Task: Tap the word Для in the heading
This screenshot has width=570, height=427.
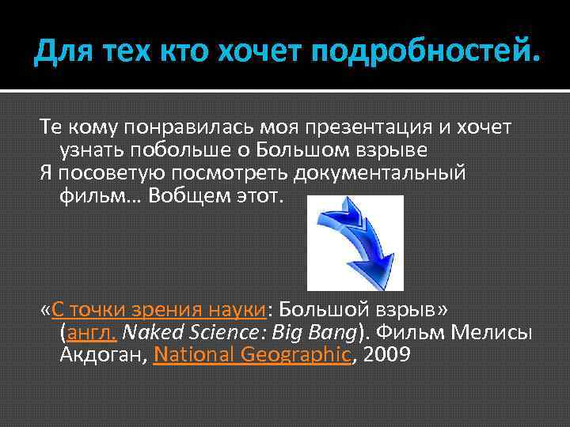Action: [59, 53]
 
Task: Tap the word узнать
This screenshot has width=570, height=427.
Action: [89, 149]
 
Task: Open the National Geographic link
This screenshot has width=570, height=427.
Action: [252, 354]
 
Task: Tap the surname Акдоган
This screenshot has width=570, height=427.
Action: [100, 354]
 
